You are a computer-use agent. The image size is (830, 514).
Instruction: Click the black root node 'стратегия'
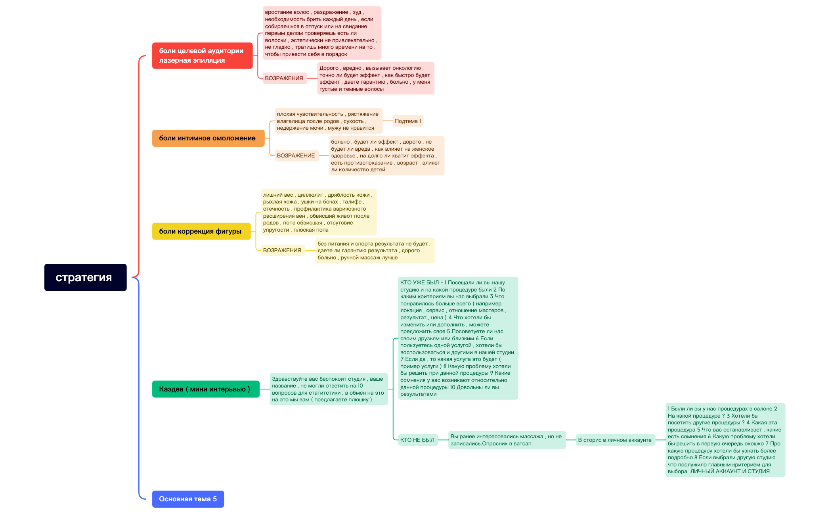[85, 277]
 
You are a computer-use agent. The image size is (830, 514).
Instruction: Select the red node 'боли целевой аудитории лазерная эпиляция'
[202, 56]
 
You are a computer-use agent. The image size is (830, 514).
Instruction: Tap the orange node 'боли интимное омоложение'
[208, 138]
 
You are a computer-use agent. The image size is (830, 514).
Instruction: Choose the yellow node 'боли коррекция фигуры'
[201, 231]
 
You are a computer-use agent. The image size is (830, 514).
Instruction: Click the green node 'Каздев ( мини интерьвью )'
[206, 389]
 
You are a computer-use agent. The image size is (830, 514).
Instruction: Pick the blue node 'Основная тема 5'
[188, 499]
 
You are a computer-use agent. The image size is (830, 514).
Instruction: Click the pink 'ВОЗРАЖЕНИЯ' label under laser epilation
[284, 78]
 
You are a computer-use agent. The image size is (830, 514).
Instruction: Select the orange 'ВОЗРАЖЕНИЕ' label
[296, 155]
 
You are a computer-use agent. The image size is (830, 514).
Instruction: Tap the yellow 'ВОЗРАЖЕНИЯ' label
[282, 250]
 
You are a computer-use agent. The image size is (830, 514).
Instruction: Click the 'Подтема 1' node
[408, 121]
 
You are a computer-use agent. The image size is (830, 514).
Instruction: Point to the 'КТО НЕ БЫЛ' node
[417, 440]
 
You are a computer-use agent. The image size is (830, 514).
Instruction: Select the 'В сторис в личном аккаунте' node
[615, 440]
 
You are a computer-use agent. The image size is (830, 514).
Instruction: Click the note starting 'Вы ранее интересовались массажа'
[507, 440]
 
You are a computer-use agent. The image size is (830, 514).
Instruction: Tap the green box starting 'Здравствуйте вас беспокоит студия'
[329, 389]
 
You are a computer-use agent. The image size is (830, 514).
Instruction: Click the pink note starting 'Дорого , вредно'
[375, 78]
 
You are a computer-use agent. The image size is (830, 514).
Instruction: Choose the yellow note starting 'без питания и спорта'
[375, 250]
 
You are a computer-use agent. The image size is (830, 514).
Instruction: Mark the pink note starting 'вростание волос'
[322, 33]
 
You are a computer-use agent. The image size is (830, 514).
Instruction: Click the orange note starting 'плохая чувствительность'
[328, 121]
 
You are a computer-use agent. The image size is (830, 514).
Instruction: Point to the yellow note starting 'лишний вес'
[318, 212]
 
